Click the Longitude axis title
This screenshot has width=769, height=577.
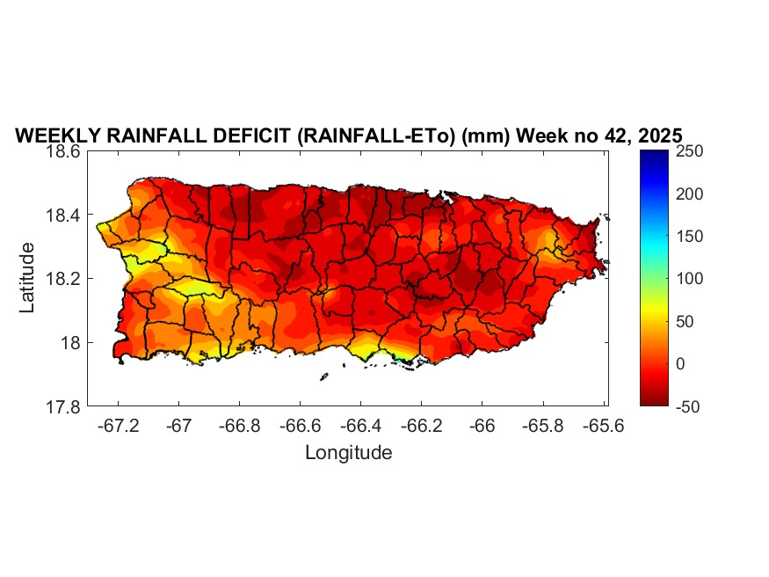348,453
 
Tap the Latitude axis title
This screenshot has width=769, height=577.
27,278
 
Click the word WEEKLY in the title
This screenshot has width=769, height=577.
55,136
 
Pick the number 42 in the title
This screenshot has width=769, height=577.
611,136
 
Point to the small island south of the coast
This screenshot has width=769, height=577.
323,377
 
